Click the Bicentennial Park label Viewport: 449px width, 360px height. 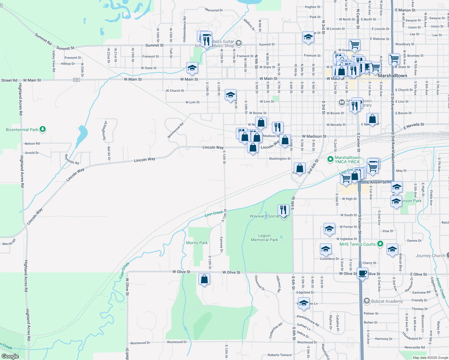pos(22,130)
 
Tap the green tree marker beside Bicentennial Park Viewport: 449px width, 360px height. pos(43,129)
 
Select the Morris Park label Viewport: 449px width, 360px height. pos(197,243)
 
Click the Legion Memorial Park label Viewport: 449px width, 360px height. pos(264,238)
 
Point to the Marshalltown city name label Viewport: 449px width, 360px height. pos(392,76)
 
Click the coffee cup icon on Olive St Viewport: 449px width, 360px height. pos(363,273)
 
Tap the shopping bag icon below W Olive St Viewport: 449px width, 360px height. pos(204,279)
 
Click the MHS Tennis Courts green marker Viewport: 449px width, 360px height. pos(380,244)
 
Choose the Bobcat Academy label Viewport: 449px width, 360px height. pos(387,301)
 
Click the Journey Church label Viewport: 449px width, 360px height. pos(430,256)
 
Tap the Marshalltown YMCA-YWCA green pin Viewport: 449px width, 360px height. pos(330,159)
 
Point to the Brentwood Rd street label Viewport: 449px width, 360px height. pos(176,130)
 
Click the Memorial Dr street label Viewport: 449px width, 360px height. pos(214,10)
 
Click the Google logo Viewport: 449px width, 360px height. pos(10,356)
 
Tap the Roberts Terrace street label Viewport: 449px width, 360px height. pos(279,355)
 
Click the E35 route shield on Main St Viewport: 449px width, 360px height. pos(77,80)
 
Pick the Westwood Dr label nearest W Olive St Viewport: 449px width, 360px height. pos(140,343)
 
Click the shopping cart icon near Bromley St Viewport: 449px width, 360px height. pos(394,59)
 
